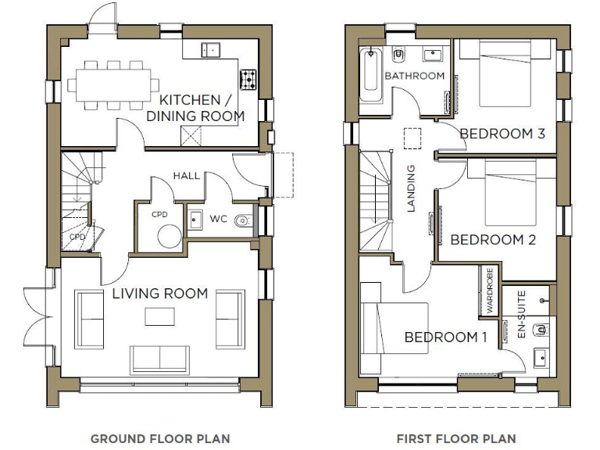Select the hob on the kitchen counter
click(248, 78)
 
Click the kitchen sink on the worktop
click(210, 49)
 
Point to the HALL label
click(186, 175)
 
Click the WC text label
click(219, 220)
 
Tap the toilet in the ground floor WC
click(245, 220)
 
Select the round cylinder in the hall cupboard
click(168, 235)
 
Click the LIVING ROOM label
click(159, 294)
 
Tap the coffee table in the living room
click(160, 316)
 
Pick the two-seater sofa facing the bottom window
click(160, 358)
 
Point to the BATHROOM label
click(415, 76)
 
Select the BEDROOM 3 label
click(502, 134)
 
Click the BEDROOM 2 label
click(492, 240)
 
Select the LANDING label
click(412, 188)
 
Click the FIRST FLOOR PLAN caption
click(456, 438)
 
